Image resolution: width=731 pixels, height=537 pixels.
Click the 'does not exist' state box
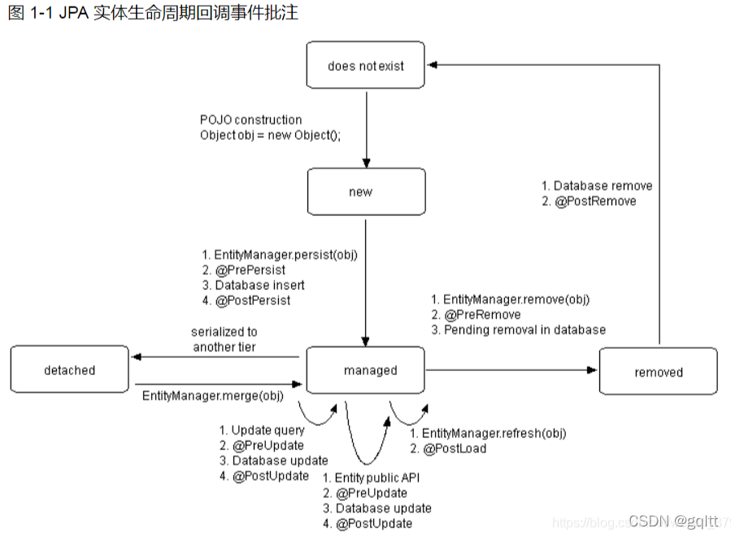pyautogui.click(x=366, y=66)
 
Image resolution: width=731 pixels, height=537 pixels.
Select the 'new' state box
pyautogui.click(x=366, y=192)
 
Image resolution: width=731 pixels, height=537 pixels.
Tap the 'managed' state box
pyautogui.click(x=366, y=370)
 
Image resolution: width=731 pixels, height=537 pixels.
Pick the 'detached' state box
pyautogui.click(x=70, y=370)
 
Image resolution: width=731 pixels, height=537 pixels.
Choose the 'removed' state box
pyautogui.click(x=658, y=372)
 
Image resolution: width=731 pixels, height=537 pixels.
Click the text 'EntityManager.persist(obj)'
pyautogui.click(x=285, y=255)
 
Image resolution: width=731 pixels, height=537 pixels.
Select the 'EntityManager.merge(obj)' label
pyautogui.click(x=212, y=395)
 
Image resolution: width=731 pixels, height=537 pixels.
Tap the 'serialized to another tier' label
pyautogui.click(x=224, y=339)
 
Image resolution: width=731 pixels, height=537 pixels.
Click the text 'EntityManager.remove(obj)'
pyautogui.click(x=516, y=299)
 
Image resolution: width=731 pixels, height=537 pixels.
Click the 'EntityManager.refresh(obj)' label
pyautogui.click(x=494, y=433)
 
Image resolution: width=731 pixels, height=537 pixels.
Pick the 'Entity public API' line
pyautogui.click(x=377, y=478)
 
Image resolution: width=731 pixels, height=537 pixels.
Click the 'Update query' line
pyautogui.click(x=268, y=430)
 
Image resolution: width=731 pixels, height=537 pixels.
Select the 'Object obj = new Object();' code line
pyautogui.click(x=270, y=135)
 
